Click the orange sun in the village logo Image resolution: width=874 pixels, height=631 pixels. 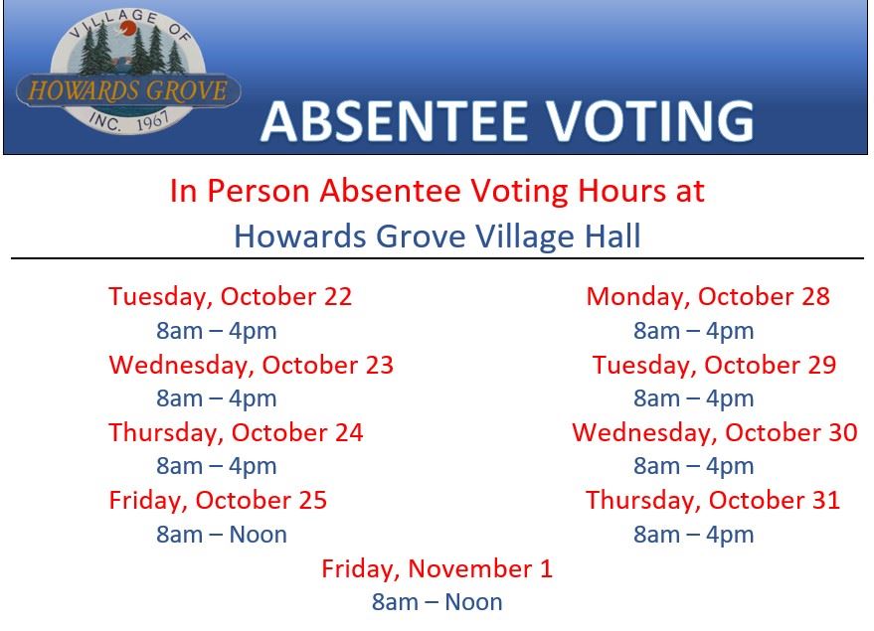coord(128,28)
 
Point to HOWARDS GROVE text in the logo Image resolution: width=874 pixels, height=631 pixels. coord(128,90)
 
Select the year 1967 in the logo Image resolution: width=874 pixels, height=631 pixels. coord(152,120)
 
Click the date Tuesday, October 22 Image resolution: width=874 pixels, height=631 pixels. coord(231,297)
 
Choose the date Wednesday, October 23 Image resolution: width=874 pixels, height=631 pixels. coord(252,366)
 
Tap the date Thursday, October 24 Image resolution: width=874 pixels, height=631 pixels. coord(236,433)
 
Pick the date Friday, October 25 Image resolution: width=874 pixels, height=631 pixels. coord(218,501)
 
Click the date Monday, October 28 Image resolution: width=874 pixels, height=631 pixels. coord(708,297)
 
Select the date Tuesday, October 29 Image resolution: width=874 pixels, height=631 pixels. coord(714,366)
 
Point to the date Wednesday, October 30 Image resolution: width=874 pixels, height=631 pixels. coord(715,433)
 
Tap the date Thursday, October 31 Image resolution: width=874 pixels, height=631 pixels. coord(713,501)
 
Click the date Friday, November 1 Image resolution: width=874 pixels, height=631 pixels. coord(437,569)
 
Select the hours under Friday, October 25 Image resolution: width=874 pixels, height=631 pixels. coord(222,535)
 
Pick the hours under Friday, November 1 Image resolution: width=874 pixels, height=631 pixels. coord(437,602)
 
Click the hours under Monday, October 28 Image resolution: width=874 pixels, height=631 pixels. coord(693,331)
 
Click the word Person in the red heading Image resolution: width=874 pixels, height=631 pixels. coord(259,191)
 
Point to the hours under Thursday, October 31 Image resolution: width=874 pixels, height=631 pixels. coord(693,536)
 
